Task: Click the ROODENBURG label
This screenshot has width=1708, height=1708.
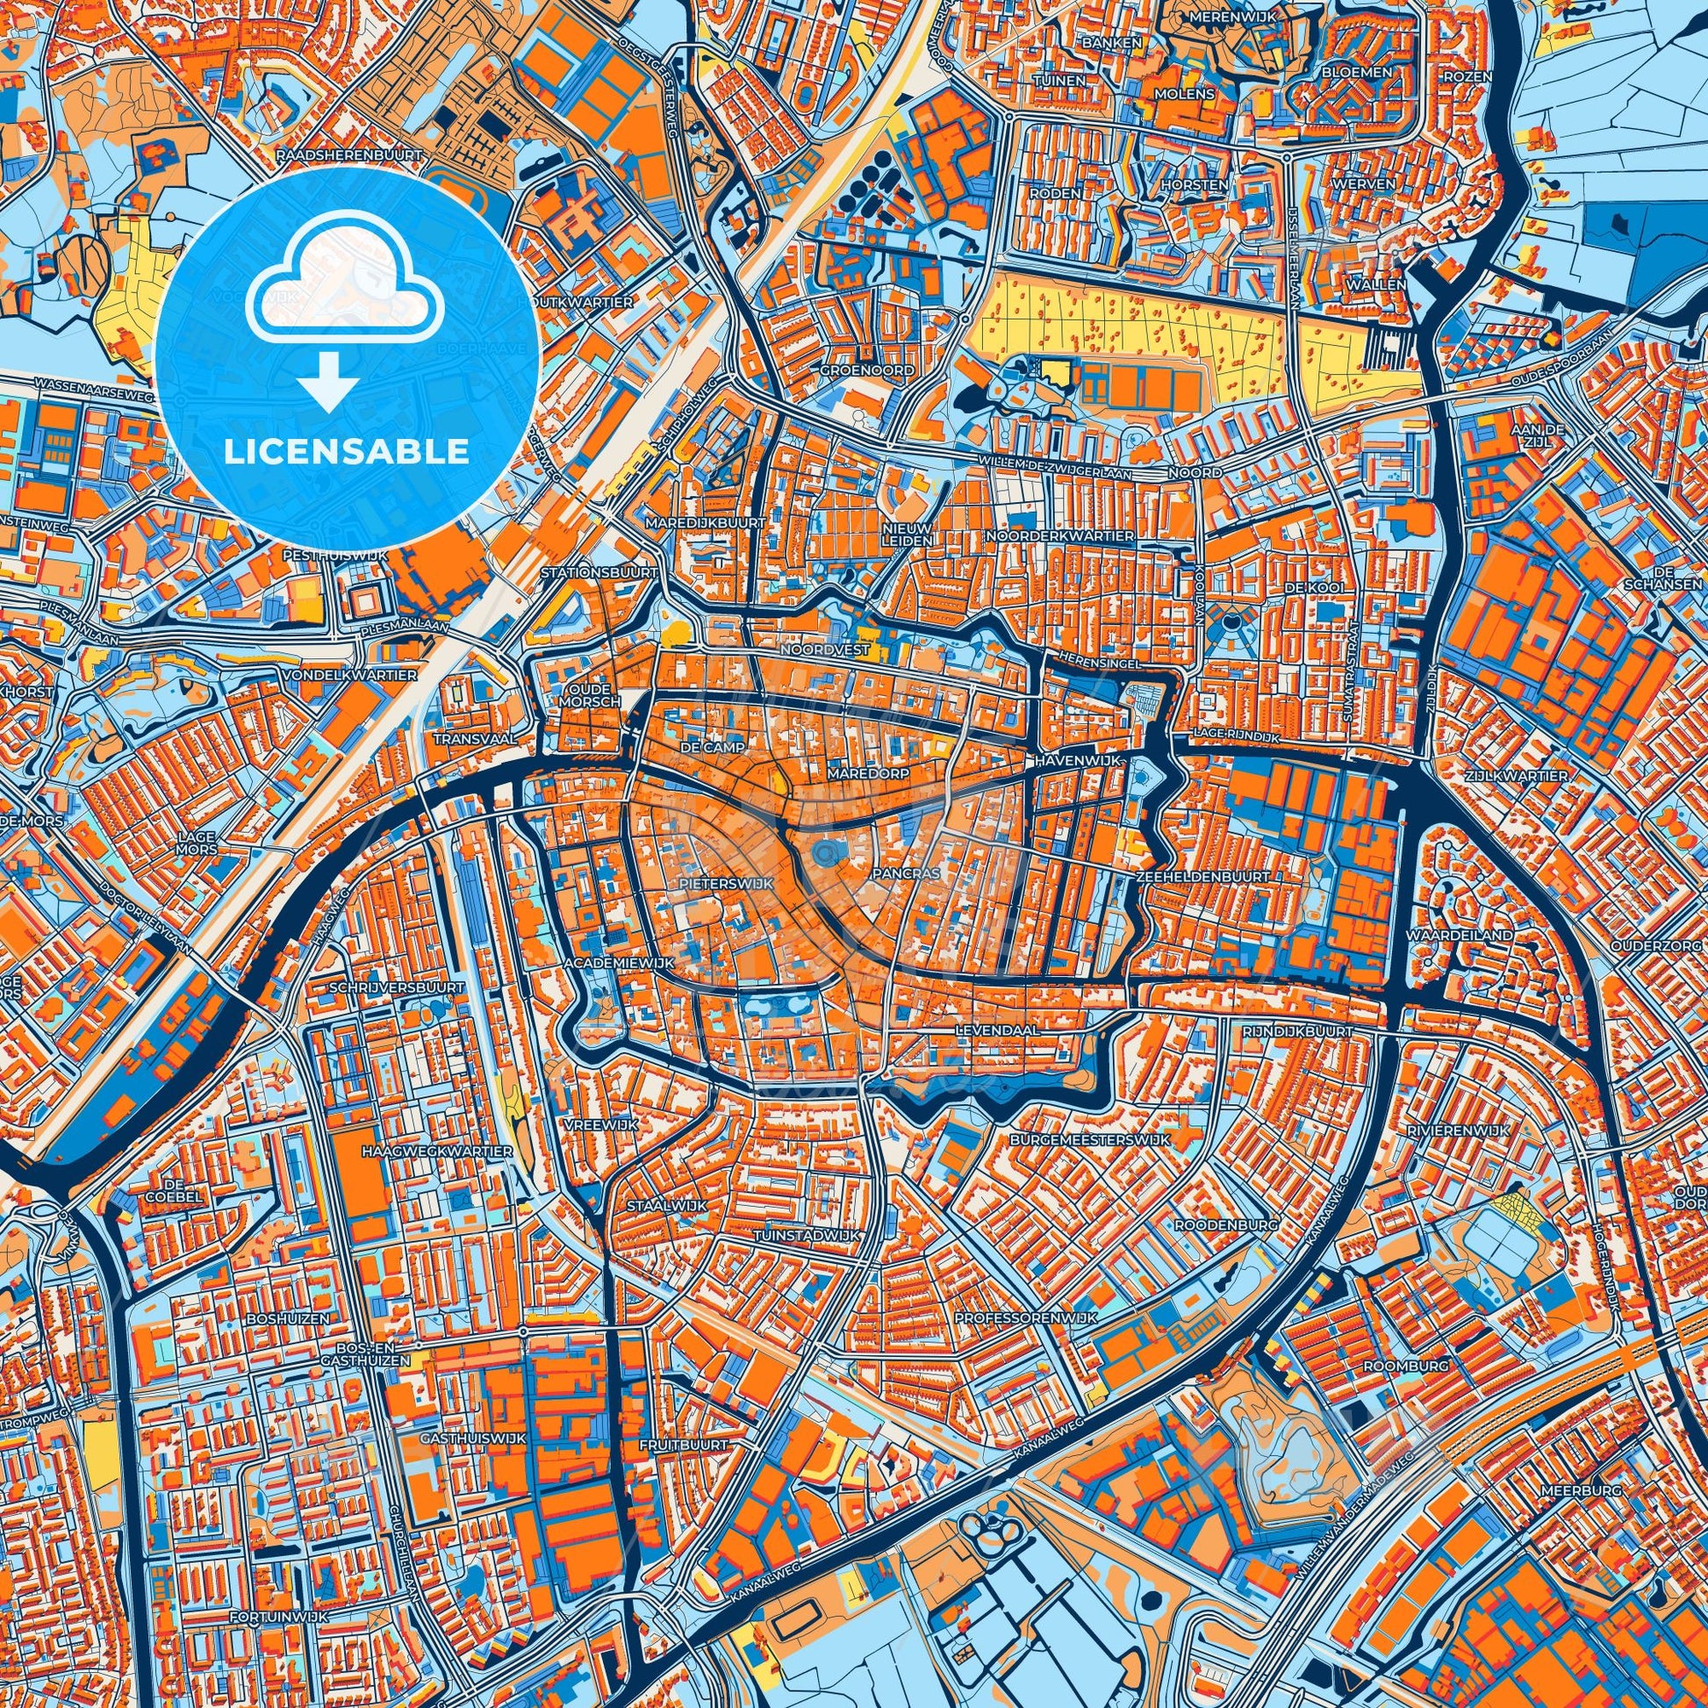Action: pyautogui.click(x=1215, y=1225)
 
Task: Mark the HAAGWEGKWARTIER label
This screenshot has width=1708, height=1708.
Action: pyautogui.click(x=437, y=1152)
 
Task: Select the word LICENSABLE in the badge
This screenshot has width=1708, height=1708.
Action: pyautogui.click(x=347, y=452)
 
